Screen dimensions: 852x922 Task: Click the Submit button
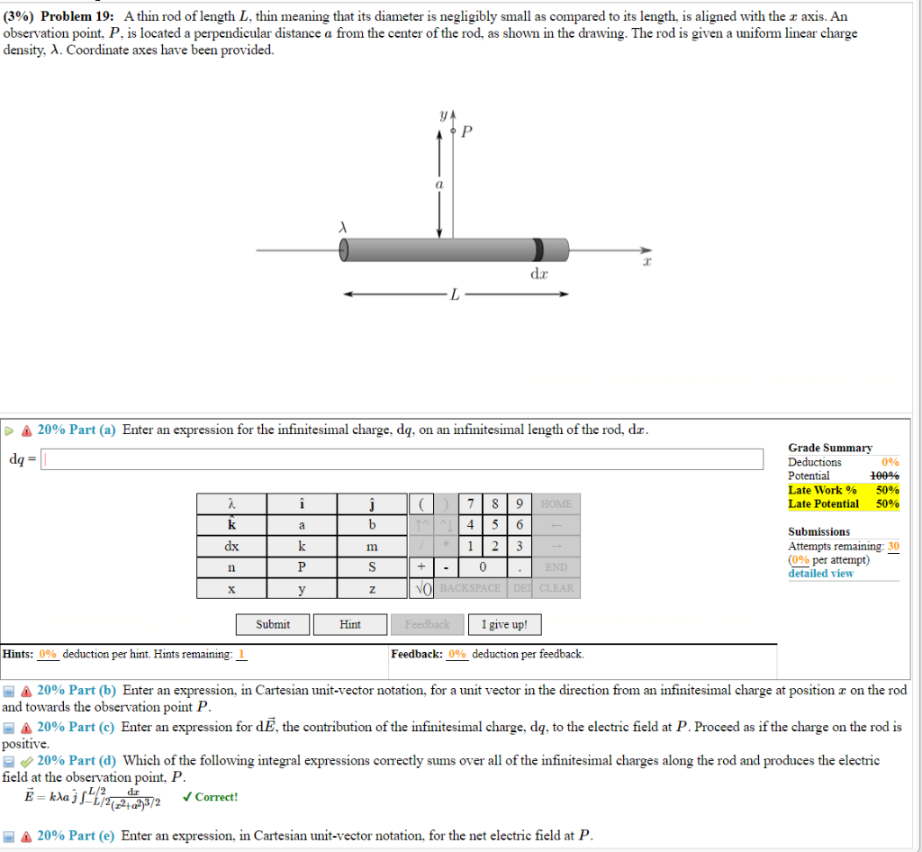[x=273, y=624]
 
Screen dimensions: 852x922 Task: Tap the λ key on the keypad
[x=231, y=503]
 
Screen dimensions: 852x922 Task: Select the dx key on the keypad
[x=231, y=546]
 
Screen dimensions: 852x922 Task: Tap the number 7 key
[x=471, y=503]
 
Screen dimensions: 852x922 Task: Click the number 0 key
[x=483, y=567]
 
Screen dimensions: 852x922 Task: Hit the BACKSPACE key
[x=470, y=588]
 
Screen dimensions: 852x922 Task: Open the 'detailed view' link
[x=820, y=573]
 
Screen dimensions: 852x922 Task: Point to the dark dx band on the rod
[x=538, y=249]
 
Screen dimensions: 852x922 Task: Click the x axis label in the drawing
[x=646, y=261]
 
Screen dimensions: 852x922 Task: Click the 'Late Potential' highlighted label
[x=823, y=503]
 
